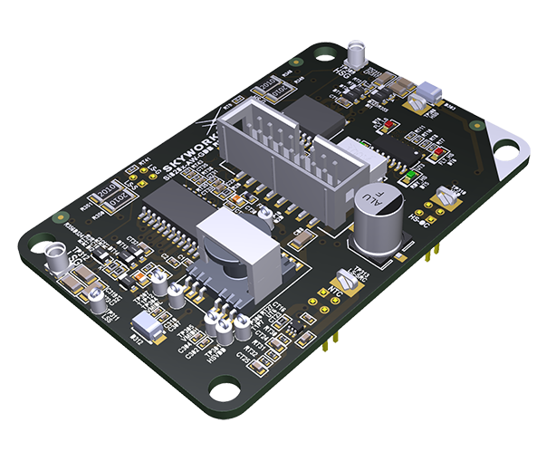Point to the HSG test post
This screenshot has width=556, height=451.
click(359, 45)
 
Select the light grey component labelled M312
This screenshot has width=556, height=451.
click(145, 328)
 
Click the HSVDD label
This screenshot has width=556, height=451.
click(217, 352)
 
